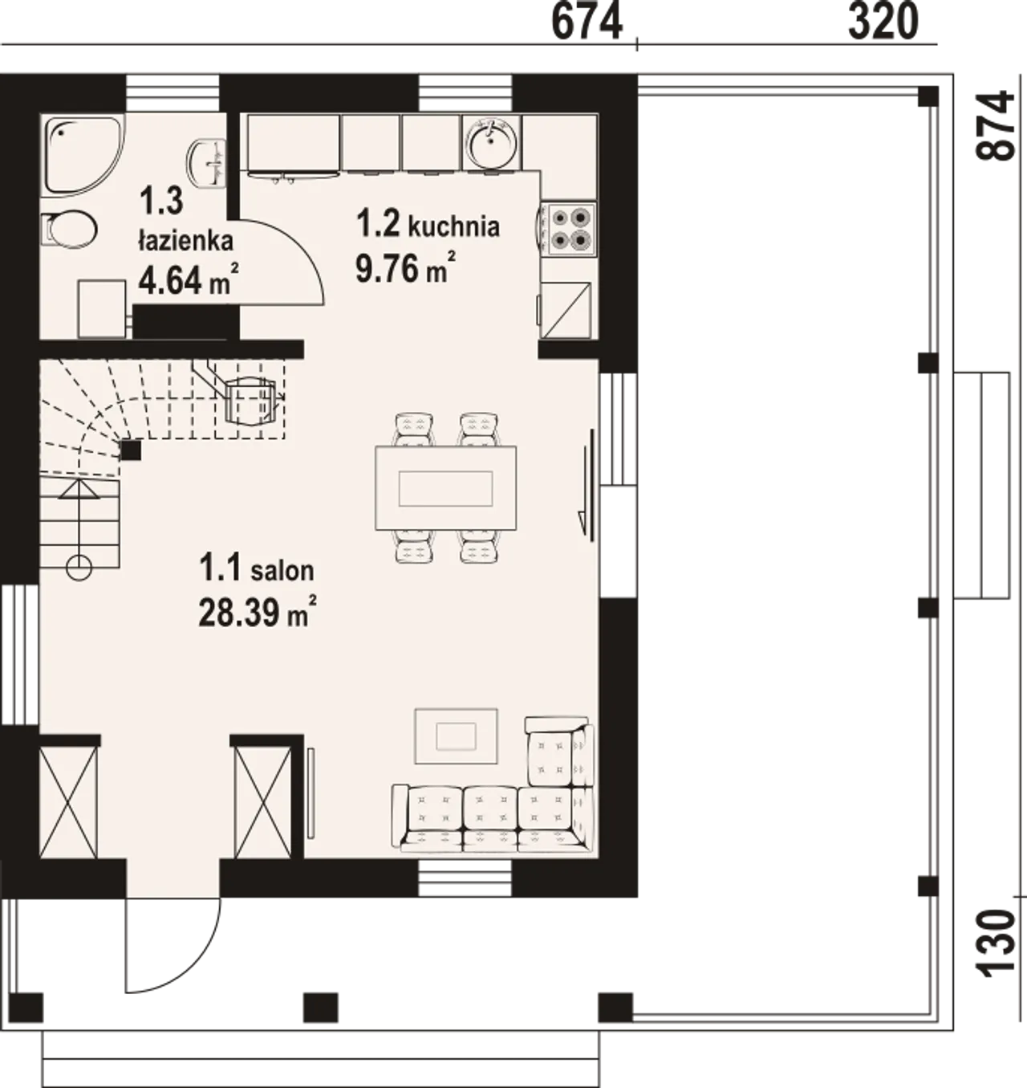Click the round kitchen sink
click(x=492, y=142)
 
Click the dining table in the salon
click(x=445, y=487)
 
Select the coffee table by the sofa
click(x=456, y=736)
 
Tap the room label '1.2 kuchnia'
click(x=428, y=225)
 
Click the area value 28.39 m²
click(x=258, y=612)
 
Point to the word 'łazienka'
click(x=185, y=241)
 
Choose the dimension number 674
click(x=587, y=22)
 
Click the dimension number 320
click(x=883, y=22)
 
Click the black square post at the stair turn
click(x=131, y=450)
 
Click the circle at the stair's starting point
click(x=79, y=566)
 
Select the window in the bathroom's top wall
click(x=173, y=94)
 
